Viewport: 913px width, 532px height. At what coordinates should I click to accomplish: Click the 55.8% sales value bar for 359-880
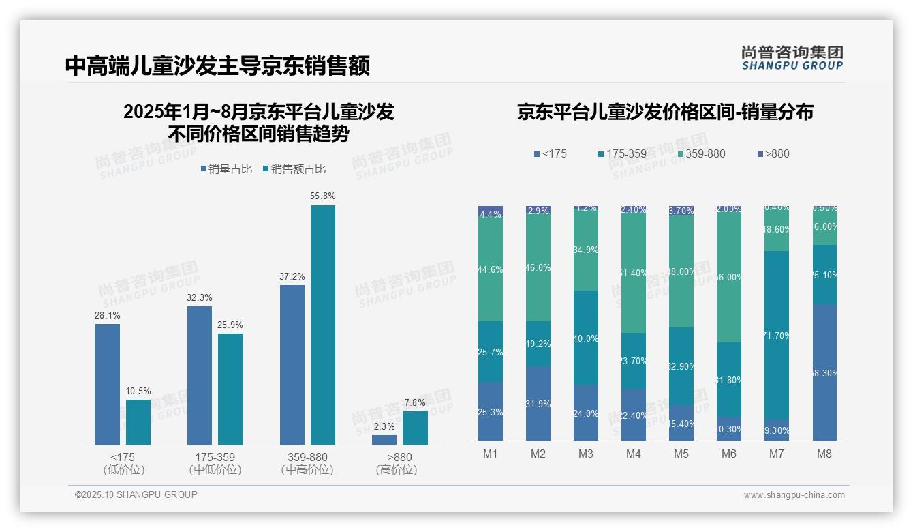[323, 325]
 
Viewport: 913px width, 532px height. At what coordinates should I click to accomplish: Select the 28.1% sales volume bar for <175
[107, 384]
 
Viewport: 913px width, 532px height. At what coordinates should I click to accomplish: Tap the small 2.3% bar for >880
[384, 440]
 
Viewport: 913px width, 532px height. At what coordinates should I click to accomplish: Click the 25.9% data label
[230, 325]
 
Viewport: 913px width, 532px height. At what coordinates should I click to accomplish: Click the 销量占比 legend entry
[228, 169]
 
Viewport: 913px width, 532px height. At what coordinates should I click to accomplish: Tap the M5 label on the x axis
[681, 454]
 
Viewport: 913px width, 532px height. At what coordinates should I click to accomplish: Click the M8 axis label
[824, 454]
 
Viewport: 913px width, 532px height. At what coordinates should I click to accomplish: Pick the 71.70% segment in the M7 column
[777, 335]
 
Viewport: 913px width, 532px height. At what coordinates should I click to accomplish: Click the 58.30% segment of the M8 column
[824, 372]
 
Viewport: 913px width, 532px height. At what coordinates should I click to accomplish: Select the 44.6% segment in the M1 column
[491, 270]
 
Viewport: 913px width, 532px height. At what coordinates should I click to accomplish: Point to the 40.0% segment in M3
[586, 338]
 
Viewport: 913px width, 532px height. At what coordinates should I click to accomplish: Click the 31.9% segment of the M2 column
[538, 404]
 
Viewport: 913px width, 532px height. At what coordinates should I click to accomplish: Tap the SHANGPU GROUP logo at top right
[792, 57]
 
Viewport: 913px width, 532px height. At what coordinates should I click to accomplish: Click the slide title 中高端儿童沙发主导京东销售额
[217, 66]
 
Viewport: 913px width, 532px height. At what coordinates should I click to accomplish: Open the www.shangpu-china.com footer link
[794, 495]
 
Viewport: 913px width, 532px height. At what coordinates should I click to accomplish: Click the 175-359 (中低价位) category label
[215, 463]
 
